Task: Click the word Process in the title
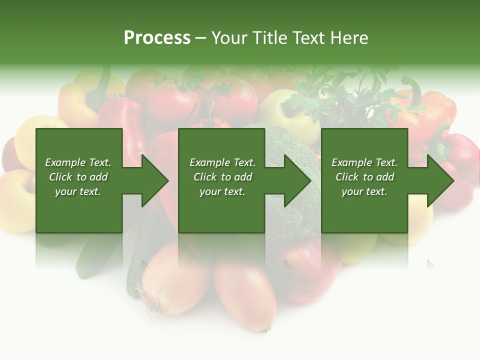pyautogui.click(x=157, y=38)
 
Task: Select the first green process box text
pyautogui.click(x=78, y=177)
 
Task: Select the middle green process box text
pyautogui.click(x=222, y=177)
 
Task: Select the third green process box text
pyautogui.click(x=364, y=177)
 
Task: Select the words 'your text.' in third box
pyautogui.click(x=364, y=191)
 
